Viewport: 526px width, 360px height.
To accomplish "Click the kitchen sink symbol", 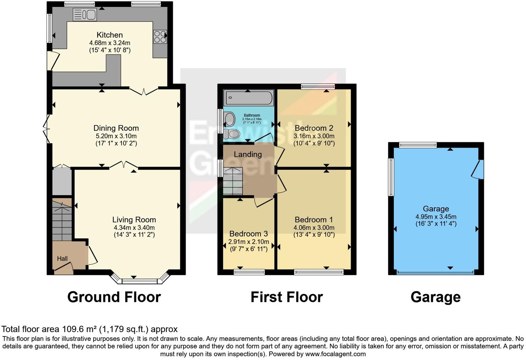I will pos(85,15).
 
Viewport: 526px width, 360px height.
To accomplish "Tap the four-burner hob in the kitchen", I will pos(160,37).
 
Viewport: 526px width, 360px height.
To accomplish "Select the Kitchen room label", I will pos(109,35).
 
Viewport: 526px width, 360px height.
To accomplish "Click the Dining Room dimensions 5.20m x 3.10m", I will pos(116,136).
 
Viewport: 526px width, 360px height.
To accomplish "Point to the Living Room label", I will pos(134,219).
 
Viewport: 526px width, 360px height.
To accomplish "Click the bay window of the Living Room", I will pos(140,278).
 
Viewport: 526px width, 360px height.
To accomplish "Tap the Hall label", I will pos(62,259).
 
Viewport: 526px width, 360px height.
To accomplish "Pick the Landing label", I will pos(247,154).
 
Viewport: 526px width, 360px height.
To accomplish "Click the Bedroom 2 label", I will pos(314,128).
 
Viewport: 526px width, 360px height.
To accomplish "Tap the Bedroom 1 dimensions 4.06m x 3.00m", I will pos(314,228).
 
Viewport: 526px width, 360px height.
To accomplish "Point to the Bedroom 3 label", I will pos(248,234).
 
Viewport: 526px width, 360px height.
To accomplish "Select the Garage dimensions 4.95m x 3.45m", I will pos(436,217).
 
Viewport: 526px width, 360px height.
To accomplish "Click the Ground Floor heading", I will pos(114,297).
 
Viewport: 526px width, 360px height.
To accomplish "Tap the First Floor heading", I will pos(287,297).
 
